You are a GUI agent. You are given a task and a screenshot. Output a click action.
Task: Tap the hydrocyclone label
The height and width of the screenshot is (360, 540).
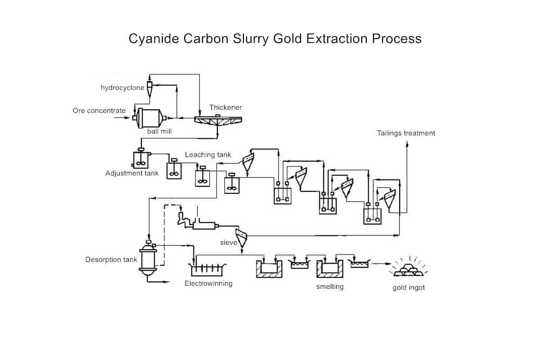pyautogui.click(x=122, y=88)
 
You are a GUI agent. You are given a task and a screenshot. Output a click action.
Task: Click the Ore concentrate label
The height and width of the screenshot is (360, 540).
pyautogui.click(x=99, y=110)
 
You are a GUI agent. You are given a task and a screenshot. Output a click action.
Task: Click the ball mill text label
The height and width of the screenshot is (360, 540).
pyautogui.click(x=159, y=131)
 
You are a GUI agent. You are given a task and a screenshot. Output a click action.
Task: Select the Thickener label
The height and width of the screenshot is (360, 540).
pyautogui.click(x=225, y=108)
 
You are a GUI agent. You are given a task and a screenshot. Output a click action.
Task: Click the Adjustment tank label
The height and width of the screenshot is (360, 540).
pyautogui.click(x=132, y=173)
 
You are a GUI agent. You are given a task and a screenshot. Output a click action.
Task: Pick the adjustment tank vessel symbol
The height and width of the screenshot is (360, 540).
pyautogui.click(x=141, y=158)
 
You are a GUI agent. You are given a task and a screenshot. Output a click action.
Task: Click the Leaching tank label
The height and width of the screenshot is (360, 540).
pyautogui.click(x=208, y=155)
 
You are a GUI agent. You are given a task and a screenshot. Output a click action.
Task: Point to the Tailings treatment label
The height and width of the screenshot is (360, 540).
pyautogui.click(x=406, y=133)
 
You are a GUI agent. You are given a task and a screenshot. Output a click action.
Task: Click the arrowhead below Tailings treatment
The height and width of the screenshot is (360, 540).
pyautogui.click(x=407, y=144)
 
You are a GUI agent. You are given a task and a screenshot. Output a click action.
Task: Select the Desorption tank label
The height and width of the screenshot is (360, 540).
pyautogui.click(x=111, y=260)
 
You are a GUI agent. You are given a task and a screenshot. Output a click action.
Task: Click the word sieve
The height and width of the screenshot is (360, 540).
pyautogui.click(x=229, y=243)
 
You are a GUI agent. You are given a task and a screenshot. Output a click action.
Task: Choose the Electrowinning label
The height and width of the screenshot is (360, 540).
pyautogui.click(x=208, y=283)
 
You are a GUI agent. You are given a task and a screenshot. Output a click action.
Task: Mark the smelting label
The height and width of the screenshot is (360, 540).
pyautogui.click(x=330, y=287)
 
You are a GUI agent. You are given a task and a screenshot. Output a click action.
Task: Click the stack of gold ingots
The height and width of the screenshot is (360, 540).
pyautogui.click(x=409, y=269)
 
